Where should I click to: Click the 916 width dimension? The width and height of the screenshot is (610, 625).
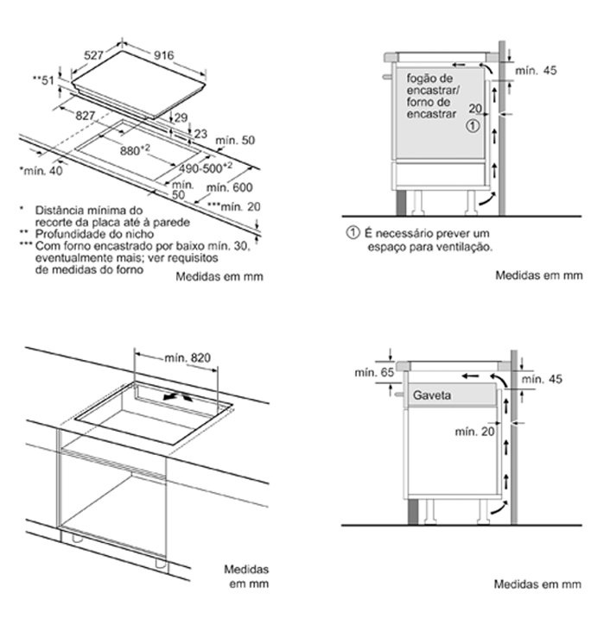coord(163,54)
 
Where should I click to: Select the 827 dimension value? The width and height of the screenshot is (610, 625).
coord(84,115)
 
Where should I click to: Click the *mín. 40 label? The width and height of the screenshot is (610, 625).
coord(41,172)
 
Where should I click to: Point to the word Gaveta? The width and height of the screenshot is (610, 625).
coord(435,395)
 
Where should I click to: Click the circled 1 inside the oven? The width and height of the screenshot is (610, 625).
coord(472,125)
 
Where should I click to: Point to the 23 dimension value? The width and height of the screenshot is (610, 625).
coord(200,133)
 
